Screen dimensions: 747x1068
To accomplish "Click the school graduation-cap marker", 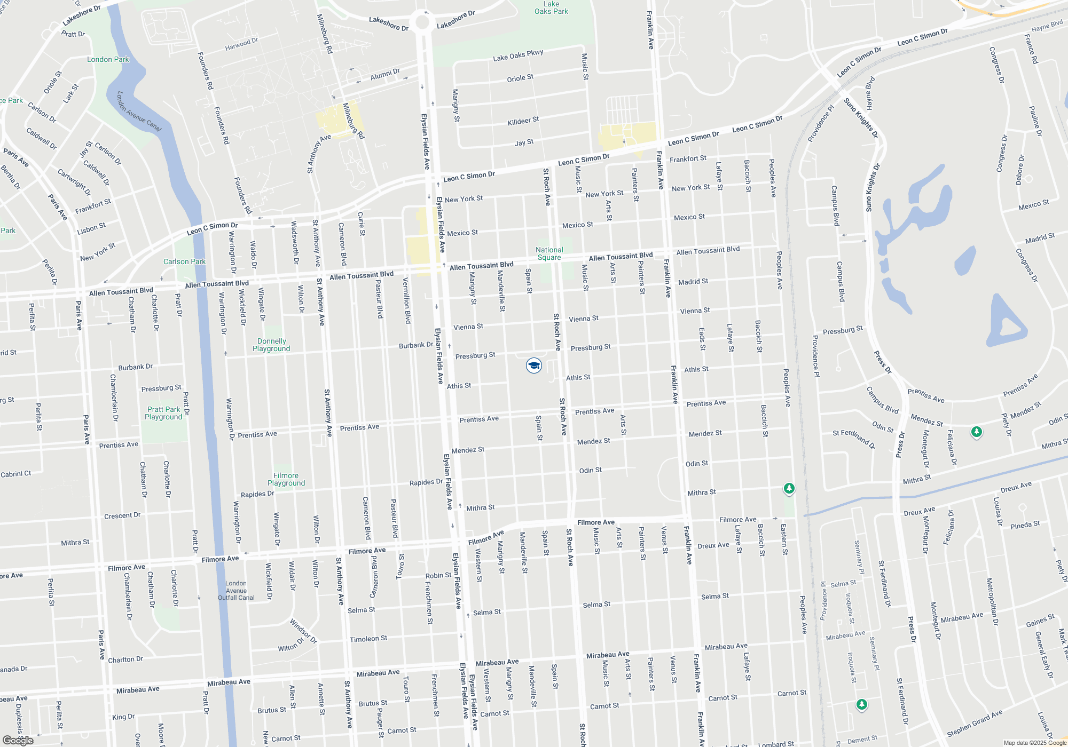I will (x=533, y=365).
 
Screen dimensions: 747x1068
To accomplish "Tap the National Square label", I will (x=549, y=253).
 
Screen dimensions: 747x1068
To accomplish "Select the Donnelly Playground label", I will (x=271, y=345).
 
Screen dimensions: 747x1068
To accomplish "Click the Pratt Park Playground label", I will (x=163, y=413).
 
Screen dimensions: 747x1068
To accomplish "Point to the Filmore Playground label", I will (x=286, y=479).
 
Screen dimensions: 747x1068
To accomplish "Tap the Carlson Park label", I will (x=184, y=261).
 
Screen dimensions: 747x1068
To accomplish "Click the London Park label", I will (x=108, y=59).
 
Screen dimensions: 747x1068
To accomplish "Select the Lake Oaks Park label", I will (x=551, y=7).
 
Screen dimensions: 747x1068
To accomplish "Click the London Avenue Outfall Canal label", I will (x=236, y=590).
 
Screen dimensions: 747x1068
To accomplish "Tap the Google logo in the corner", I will (x=18, y=740).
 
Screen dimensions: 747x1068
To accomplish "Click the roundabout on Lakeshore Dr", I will (x=422, y=22).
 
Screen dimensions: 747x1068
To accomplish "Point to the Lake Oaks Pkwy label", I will (x=518, y=55).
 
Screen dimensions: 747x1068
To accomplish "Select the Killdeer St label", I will (x=523, y=121).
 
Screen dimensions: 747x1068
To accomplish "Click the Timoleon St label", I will (x=368, y=639).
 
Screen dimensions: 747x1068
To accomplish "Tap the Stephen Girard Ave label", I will (x=975, y=724).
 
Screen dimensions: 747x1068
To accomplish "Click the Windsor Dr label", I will (x=303, y=631).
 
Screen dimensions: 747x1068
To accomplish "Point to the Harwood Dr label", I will (x=241, y=44).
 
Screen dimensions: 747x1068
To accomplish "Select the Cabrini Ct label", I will (x=16, y=474).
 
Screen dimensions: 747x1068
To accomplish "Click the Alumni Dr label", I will (x=385, y=74).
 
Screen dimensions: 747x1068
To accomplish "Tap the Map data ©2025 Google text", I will (x=1034, y=743).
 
